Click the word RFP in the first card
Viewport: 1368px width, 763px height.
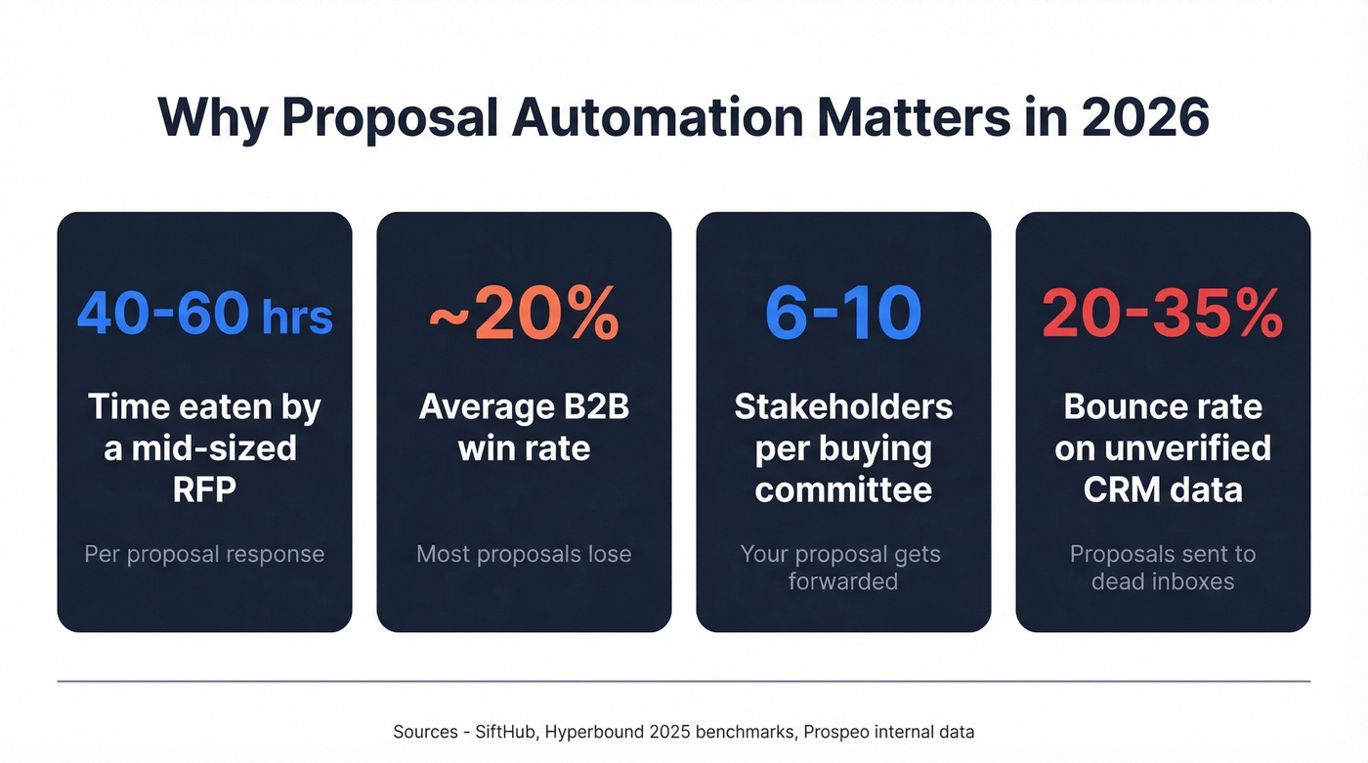point(204,488)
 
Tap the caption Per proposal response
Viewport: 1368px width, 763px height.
point(204,554)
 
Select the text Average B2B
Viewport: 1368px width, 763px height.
point(524,406)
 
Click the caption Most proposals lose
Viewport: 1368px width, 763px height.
point(524,554)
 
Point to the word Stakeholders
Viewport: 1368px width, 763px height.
point(843,406)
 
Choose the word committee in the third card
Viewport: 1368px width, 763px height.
point(843,488)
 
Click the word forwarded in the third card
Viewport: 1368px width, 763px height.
point(843,581)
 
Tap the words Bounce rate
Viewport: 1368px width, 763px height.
point(1163,406)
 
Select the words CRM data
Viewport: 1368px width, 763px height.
point(1163,488)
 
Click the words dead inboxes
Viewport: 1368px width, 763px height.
point(1163,581)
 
